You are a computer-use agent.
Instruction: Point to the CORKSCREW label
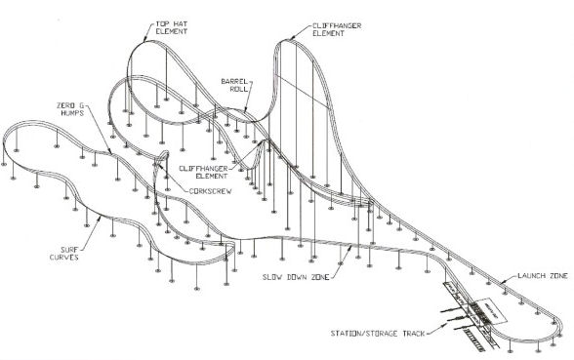click(x=216, y=191)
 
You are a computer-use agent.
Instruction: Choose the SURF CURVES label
click(x=65, y=253)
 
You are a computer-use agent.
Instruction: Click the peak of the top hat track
click(x=148, y=42)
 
